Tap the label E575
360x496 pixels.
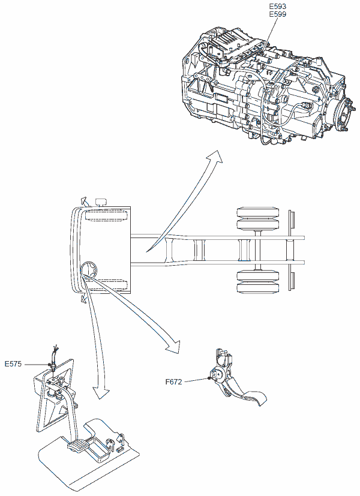pos(14,363)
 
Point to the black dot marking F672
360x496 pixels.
pos(208,378)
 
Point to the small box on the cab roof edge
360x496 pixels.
pos(100,200)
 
